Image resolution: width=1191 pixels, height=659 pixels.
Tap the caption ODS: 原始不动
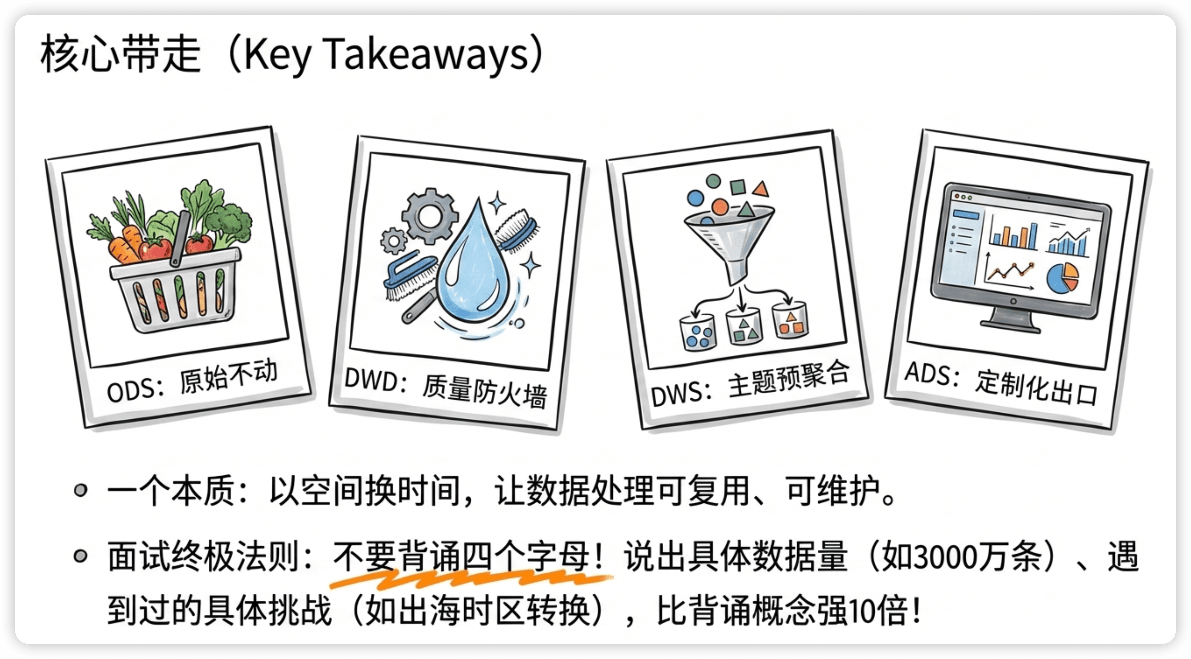coord(192,381)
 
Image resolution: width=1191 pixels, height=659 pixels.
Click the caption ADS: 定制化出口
coord(1001,384)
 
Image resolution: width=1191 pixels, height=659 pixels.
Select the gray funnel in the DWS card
coord(730,245)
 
